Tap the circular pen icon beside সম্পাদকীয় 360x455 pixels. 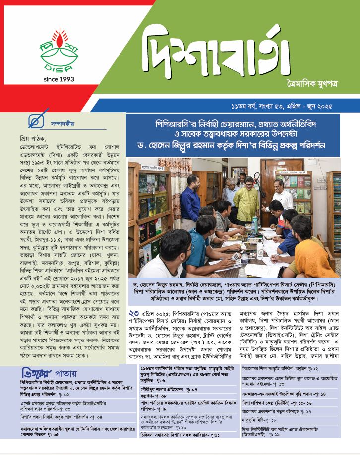(34, 120)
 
